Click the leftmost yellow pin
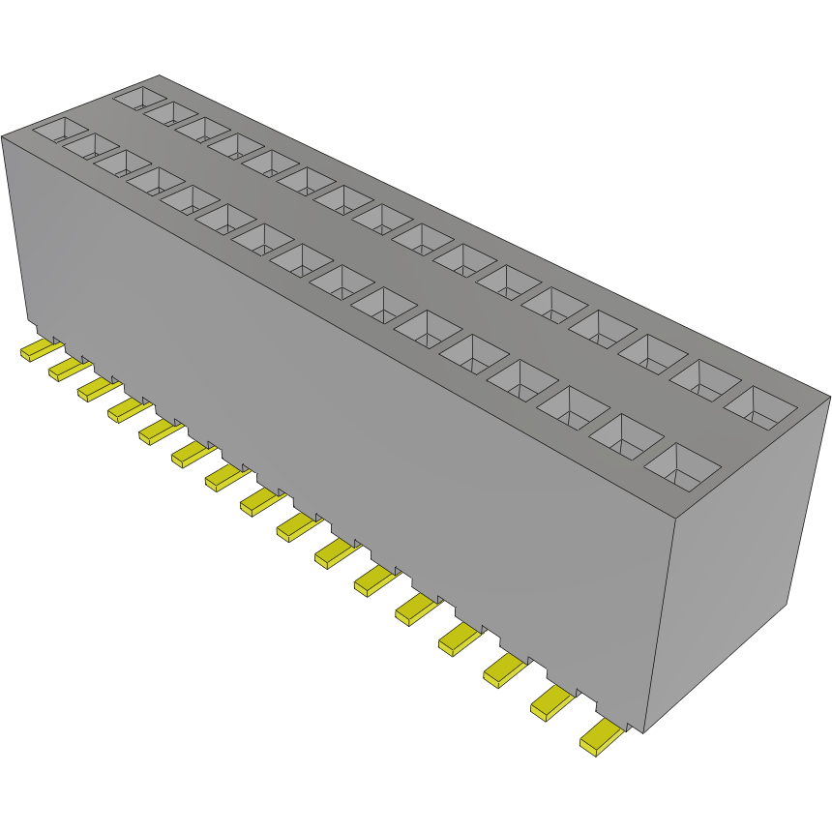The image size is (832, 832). pyautogui.click(x=37, y=351)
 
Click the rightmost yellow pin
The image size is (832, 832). pyautogui.click(x=601, y=737)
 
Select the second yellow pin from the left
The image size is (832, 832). pyautogui.click(x=64, y=368)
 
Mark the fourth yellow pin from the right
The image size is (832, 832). pyautogui.click(x=460, y=639)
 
